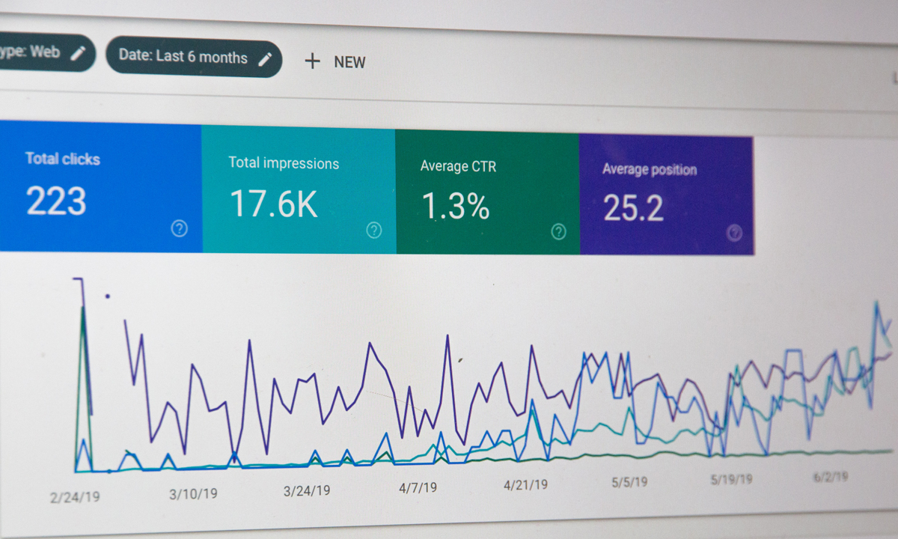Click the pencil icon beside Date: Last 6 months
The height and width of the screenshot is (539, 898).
(x=265, y=59)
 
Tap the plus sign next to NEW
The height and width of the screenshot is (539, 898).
(x=312, y=61)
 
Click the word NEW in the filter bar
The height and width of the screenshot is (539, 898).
(x=349, y=62)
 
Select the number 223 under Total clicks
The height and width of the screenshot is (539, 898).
(x=56, y=201)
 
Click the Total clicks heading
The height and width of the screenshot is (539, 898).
(x=62, y=159)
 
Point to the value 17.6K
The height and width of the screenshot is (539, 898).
(x=273, y=204)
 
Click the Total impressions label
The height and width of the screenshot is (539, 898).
(x=284, y=163)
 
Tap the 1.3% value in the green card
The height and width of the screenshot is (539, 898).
(x=456, y=206)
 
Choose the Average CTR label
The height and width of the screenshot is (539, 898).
(x=458, y=166)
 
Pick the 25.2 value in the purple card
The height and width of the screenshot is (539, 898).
(x=633, y=208)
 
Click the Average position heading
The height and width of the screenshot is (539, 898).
(x=650, y=170)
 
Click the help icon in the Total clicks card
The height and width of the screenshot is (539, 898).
(x=179, y=228)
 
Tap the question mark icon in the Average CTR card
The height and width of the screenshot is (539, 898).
(x=558, y=231)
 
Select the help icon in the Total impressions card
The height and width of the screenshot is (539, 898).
(x=373, y=230)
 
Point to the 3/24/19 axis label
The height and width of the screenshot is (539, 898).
(x=306, y=491)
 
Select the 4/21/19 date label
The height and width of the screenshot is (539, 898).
(x=525, y=485)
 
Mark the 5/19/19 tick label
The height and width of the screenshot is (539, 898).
(x=732, y=480)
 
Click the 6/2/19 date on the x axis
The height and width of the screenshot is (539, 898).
(x=831, y=477)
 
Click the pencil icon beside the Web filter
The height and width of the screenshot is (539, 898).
(x=78, y=53)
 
